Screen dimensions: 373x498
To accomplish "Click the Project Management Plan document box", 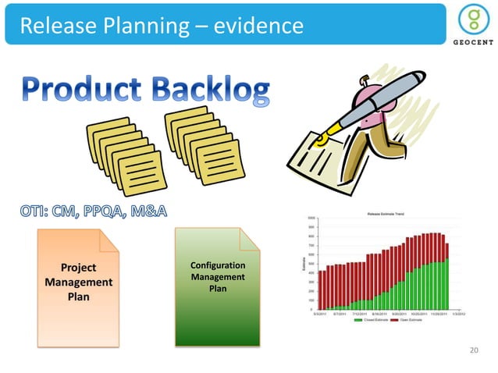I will click(x=78, y=281).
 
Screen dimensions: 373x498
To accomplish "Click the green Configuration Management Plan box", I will click(x=217, y=285).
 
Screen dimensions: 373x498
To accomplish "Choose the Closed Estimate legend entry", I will click(x=370, y=320).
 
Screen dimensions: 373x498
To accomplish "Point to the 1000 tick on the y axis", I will click(x=311, y=218).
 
